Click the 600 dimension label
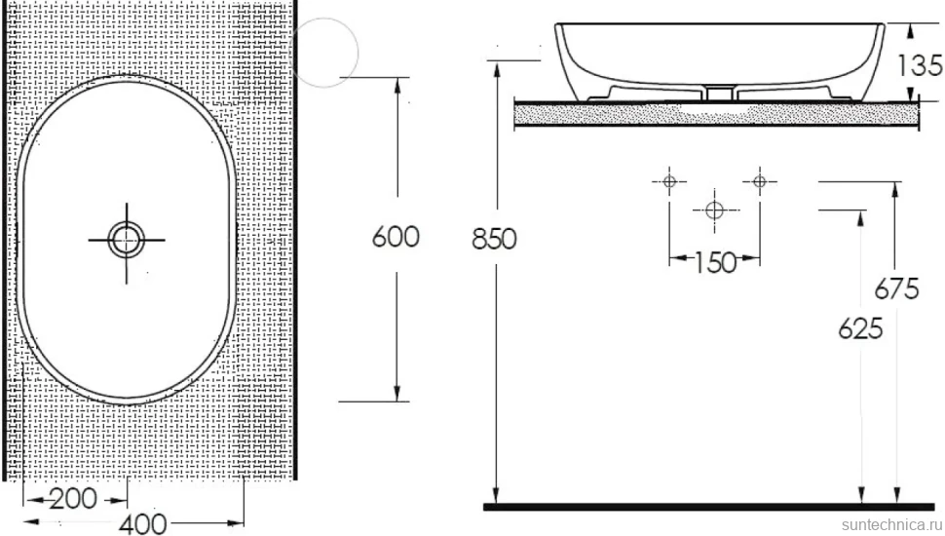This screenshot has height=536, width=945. pyautogui.click(x=396, y=237)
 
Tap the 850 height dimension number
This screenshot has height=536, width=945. pyautogui.click(x=494, y=239)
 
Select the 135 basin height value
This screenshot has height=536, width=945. pyautogui.click(x=920, y=65)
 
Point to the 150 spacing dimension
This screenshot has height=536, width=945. pyautogui.click(x=715, y=263)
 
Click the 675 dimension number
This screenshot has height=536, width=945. pyautogui.click(x=897, y=288)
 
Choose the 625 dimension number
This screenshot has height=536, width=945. pyautogui.click(x=860, y=328)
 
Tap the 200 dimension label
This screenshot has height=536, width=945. pyautogui.click(x=73, y=499)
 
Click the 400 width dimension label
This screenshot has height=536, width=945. pyautogui.click(x=143, y=523)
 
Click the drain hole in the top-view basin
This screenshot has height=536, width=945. pyautogui.click(x=127, y=240)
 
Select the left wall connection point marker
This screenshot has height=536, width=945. pyautogui.click(x=669, y=181)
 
